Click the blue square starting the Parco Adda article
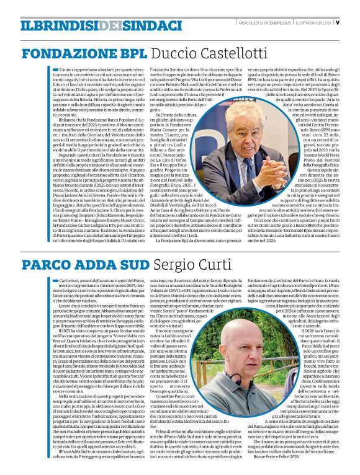pyautogui.click(x=42, y=280)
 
